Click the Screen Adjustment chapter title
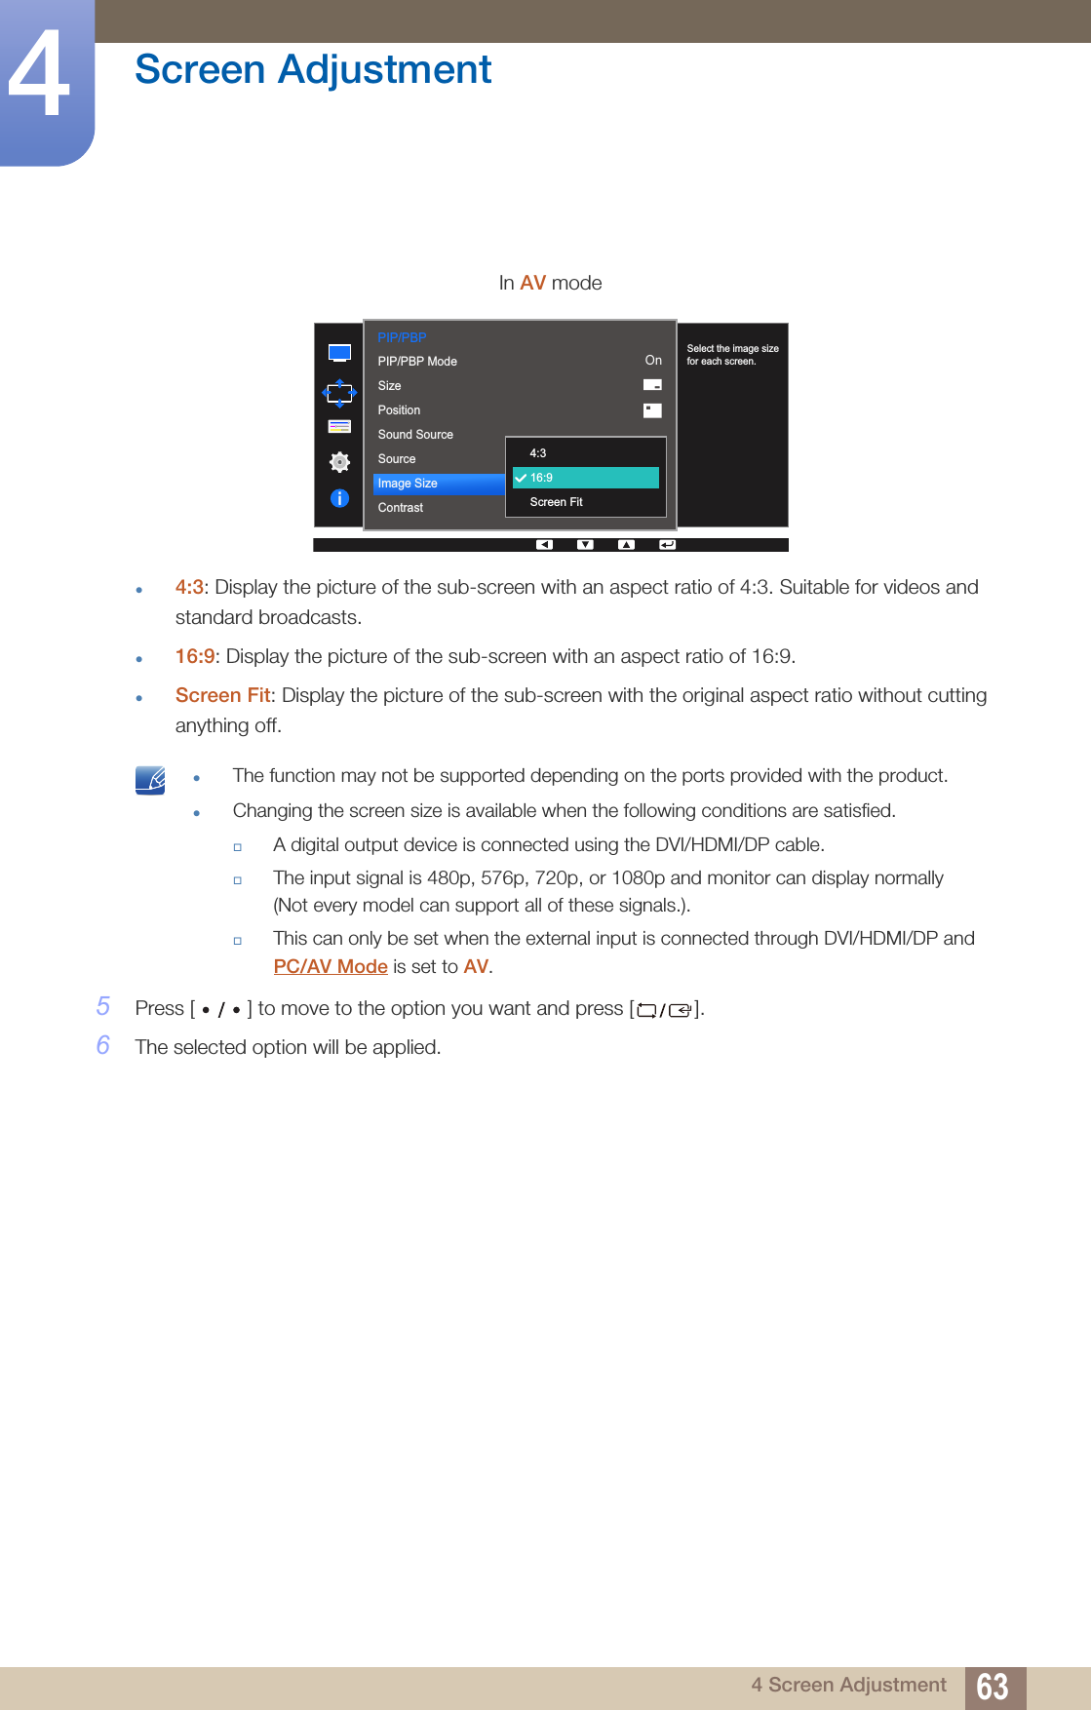[313, 69]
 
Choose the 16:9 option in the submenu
[586, 478]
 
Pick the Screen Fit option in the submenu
[557, 502]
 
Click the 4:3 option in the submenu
[538, 453]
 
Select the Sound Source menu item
[415, 435]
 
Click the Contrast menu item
[401, 508]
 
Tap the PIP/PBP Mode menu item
[417, 362]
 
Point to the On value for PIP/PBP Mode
[653, 361]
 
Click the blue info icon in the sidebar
[339, 498]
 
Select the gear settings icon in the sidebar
[339, 461]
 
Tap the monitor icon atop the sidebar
[339, 353]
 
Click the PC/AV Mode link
[331, 966]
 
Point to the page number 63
[993, 1687]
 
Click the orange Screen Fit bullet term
[222, 695]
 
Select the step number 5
[103, 1006]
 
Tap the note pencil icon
[150, 780]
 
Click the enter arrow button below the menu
[667, 545]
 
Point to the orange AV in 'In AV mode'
[532, 283]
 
